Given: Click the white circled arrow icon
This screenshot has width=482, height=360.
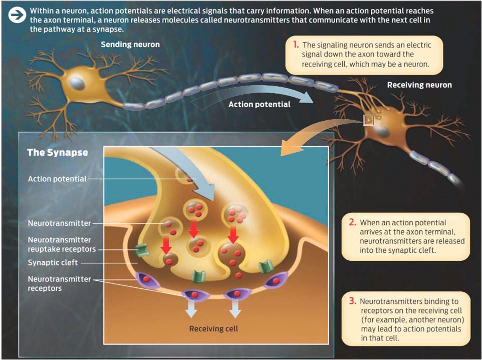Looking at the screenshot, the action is [17, 15].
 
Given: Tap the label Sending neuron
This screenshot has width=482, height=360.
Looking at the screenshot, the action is [130, 45].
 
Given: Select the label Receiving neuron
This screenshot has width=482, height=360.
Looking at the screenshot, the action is [419, 85].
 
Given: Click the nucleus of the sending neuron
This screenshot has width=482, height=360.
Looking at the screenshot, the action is [77, 83].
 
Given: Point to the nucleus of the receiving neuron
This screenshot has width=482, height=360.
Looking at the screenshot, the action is [381, 132].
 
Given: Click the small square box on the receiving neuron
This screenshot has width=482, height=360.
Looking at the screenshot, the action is [368, 120].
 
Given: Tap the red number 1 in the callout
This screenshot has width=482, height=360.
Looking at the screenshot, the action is [296, 45].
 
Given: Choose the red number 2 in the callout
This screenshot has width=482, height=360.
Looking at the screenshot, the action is [353, 222].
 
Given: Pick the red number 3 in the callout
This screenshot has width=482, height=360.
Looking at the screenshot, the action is [353, 301].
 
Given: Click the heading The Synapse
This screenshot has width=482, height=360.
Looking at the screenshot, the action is [58, 152].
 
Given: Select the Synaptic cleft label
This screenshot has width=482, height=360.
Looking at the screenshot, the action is [53, 263].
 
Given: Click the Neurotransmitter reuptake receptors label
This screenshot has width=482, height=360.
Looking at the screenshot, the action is [62, 244].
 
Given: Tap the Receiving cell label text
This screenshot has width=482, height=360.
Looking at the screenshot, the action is [213, 328].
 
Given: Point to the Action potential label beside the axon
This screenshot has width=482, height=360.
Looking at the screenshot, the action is [260, 105].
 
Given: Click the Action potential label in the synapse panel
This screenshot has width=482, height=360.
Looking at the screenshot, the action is [57, 179].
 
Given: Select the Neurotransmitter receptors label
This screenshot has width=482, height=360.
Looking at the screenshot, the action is [59, 283].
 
